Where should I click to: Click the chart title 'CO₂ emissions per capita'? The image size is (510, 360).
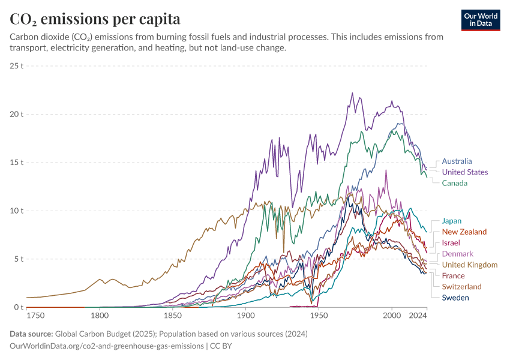(x=95, y=19)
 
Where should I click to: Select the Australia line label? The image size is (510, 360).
(x=457, y=161)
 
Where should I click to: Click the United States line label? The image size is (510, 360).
(x=464, y=172)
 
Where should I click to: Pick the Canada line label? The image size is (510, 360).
(x=454, y=183)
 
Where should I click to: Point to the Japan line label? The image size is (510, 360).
(x=452, y=221)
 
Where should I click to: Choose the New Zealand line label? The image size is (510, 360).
(x=464, y=232)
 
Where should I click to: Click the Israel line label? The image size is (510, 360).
(x=451, y=243)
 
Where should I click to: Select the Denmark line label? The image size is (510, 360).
(x=457, y=254)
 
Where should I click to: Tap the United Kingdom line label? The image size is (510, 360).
(x=469, y=265)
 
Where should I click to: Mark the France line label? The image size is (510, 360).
(x=453, y=276)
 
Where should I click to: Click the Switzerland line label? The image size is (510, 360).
(x=461, y=287)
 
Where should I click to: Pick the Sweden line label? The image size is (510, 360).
(x=455, y=298)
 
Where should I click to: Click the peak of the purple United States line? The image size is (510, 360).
(x=352, y=93)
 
